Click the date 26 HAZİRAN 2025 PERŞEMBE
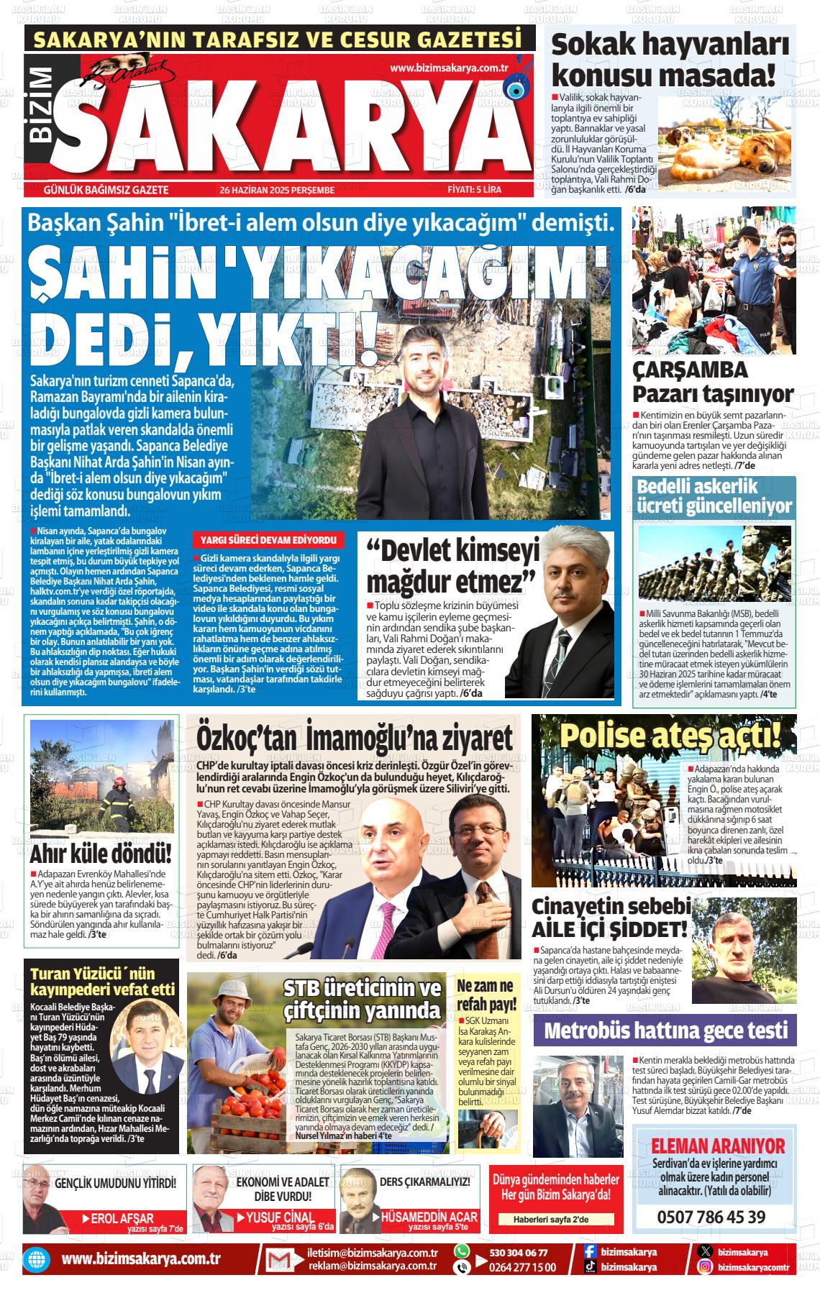pos(278,190)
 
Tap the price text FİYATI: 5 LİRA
pos(474,190)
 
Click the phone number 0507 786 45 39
pos(711,1217)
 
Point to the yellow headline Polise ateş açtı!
pos(670,736)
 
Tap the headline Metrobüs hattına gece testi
pos(666,1030)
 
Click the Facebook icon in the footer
pos(589,1252)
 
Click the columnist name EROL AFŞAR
pos(122,1218)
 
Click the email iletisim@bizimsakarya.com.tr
pos(373,1252)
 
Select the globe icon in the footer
pos(35,1260)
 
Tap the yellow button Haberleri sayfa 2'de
pos(551,1220)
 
